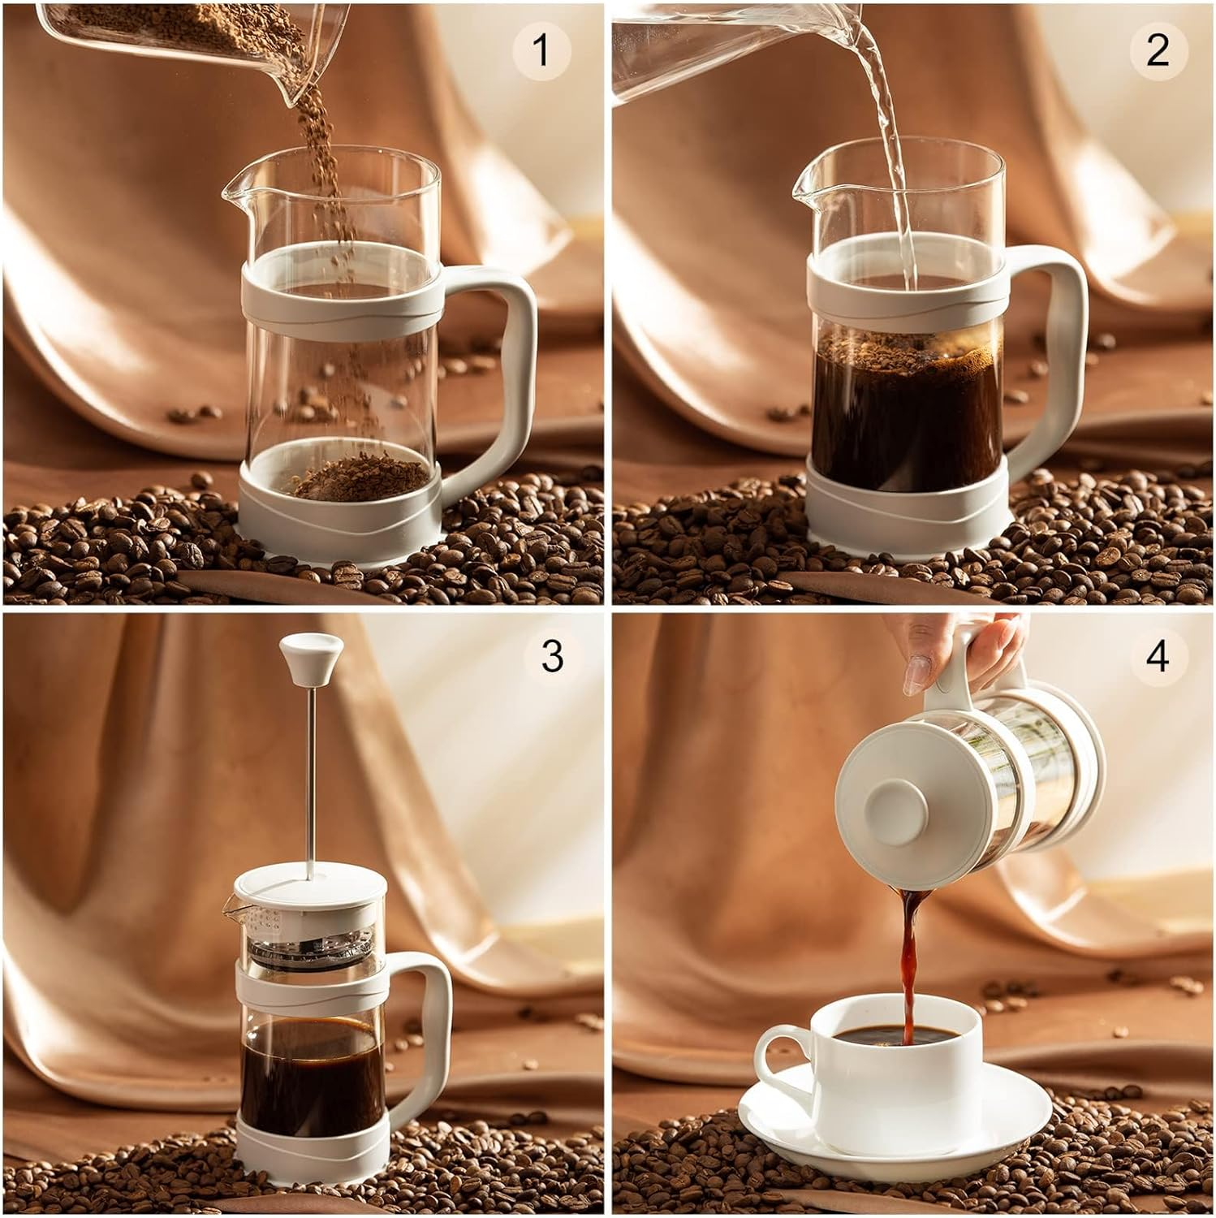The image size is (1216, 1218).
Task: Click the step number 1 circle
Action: click(x=541, y=51)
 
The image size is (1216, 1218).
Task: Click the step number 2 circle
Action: click(x=1158, y=51)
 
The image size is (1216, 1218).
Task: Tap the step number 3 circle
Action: click(x=552, y=656)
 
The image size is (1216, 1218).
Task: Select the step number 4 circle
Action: click(x=1158, y=656)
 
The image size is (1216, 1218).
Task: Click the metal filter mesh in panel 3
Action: click(x=308, y=946)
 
